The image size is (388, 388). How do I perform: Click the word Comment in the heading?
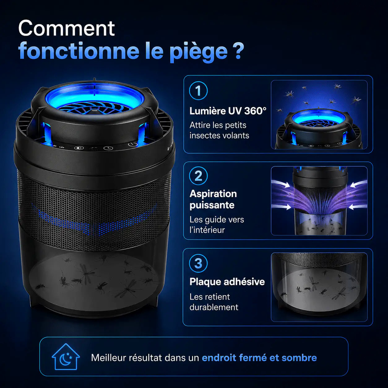point(67,28)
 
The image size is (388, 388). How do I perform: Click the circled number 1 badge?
point(198,91)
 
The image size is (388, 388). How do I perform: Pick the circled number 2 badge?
point(198,176)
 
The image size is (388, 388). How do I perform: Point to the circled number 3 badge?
point(198,263)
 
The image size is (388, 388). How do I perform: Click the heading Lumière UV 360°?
point(228,111)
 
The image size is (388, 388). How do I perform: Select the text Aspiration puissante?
point(213,200)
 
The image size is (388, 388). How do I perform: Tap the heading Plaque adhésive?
point(227,282)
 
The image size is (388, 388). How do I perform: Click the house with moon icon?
point(66,357)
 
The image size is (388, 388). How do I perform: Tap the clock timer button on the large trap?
point(108,148)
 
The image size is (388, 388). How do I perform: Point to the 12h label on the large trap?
point(62,147)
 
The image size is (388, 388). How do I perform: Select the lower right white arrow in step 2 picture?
point(358,207)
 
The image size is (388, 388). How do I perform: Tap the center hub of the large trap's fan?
point(94,111)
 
